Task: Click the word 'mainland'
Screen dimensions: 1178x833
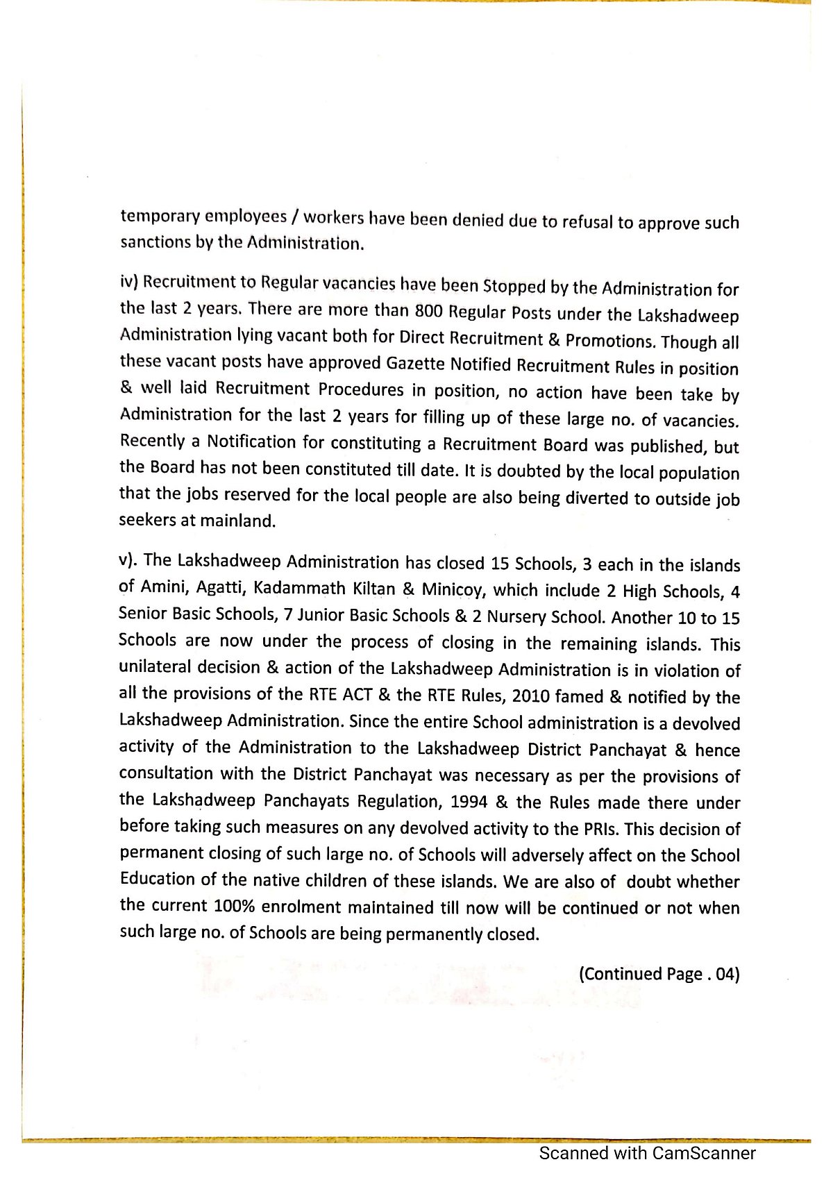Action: pos(237,521)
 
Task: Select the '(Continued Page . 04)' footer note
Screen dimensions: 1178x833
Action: pos(659,974)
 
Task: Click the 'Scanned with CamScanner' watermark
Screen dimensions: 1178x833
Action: pos(647,1153)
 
